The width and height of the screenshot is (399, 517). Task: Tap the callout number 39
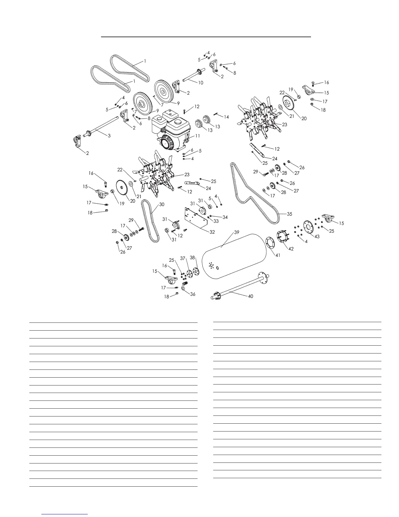[x=237, y=233]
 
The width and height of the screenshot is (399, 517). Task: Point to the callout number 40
[x=250, y=296]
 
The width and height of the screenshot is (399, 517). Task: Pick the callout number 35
[x=289, y=214]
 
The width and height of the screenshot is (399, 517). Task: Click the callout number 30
[x=162, y=205]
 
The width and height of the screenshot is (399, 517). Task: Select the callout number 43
[x=317, y=236]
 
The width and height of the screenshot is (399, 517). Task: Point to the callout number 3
[x=109, y=135]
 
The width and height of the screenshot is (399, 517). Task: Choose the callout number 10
[x=200, y=83]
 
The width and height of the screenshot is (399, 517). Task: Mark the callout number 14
[x=226, y=117]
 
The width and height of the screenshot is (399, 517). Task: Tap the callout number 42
[x=291, y=249]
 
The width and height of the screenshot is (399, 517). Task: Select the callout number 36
[x=193, y=294]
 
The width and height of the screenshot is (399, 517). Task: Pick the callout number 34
[x=225, y=217]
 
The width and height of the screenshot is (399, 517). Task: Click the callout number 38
[x=192, y=258]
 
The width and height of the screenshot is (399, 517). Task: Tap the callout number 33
[x=216, y=221]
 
